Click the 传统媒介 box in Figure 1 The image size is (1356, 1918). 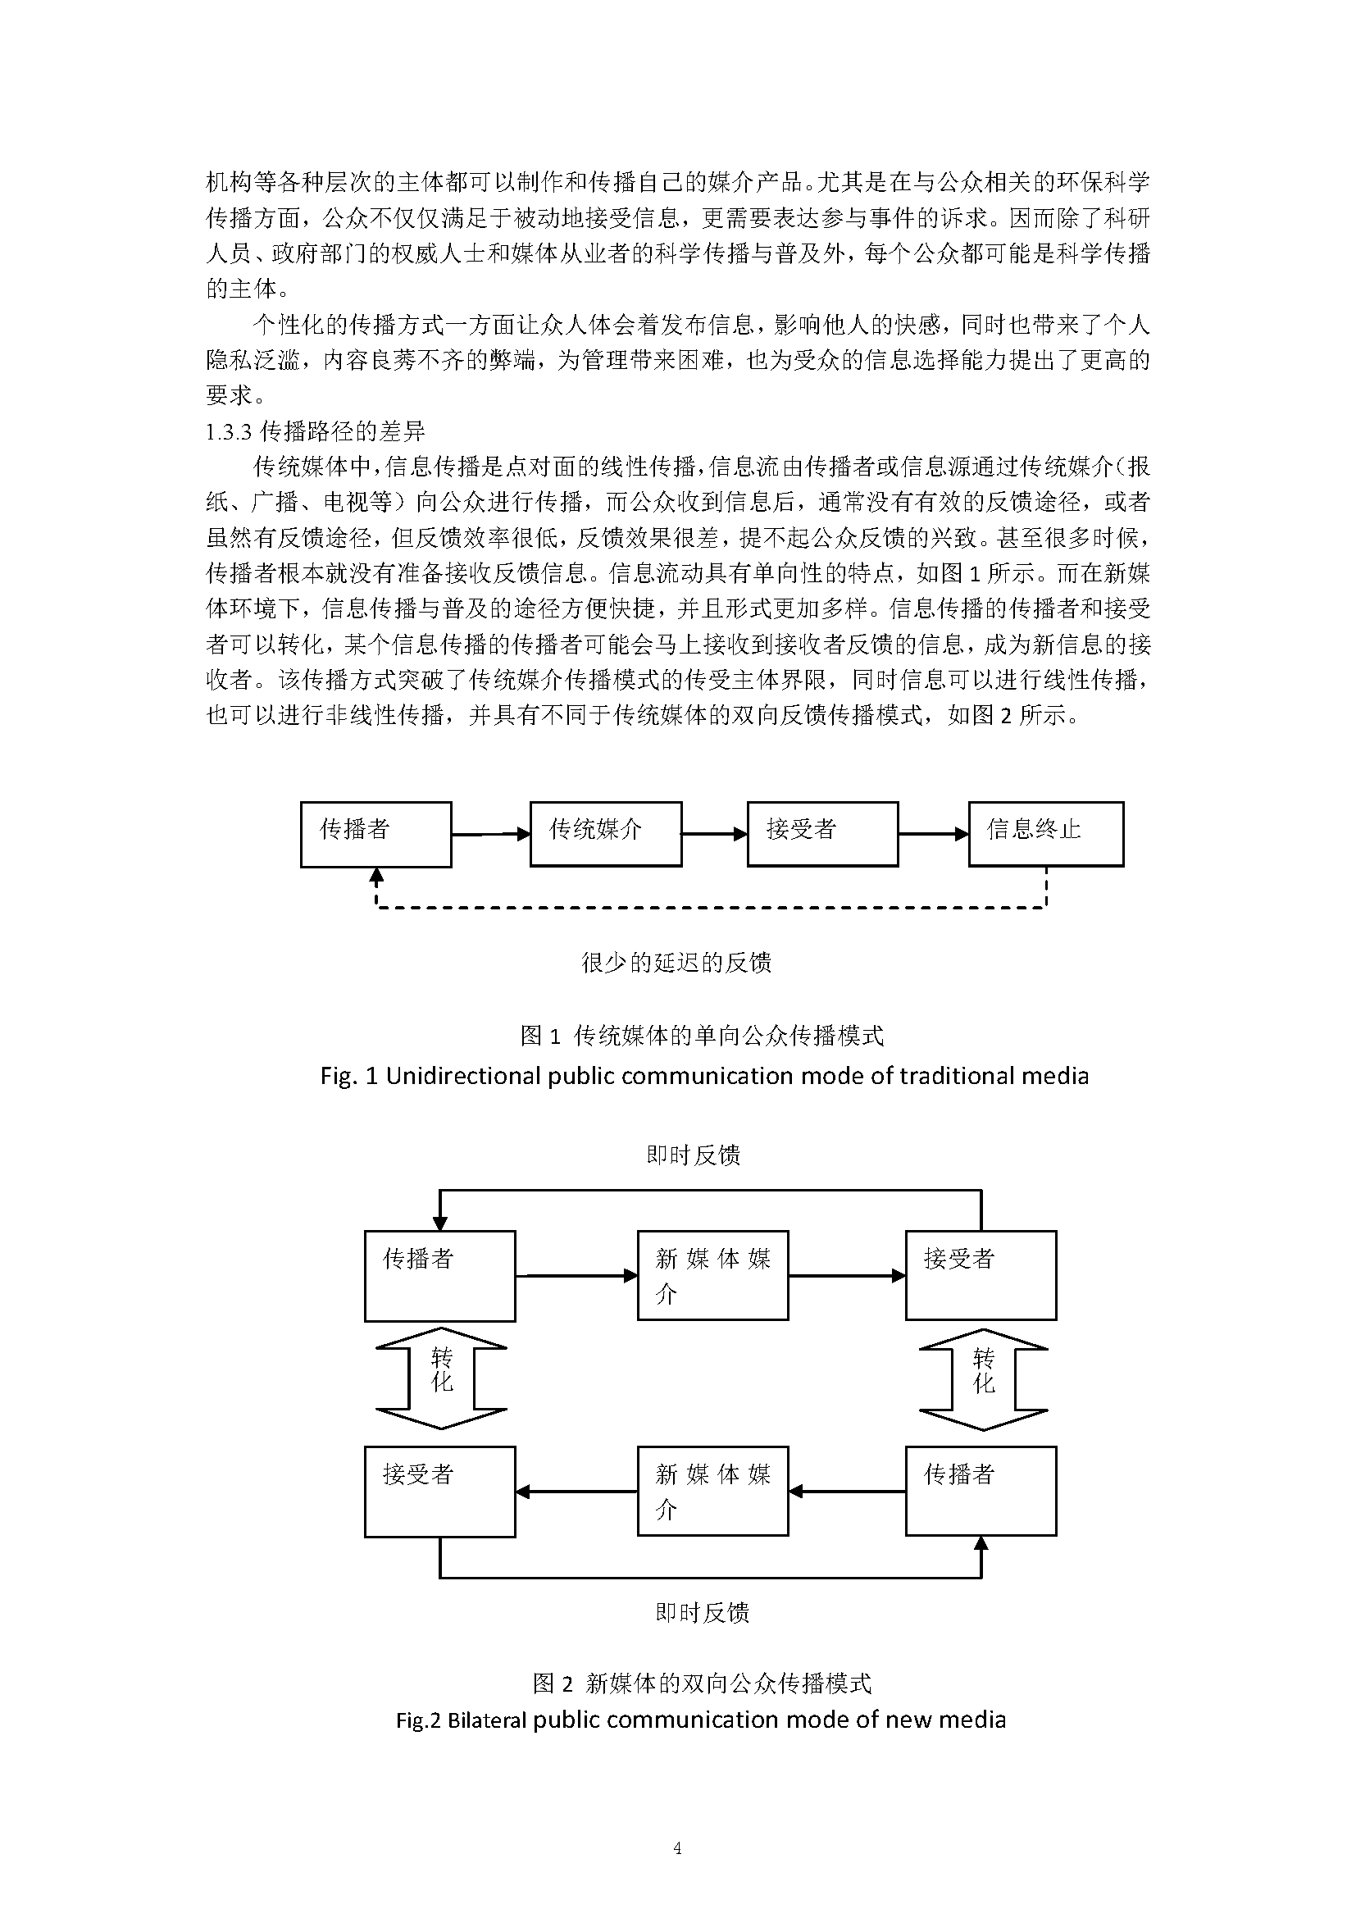605,834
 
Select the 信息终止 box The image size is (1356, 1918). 1045,834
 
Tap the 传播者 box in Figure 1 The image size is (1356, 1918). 375,834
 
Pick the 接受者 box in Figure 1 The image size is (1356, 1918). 822,834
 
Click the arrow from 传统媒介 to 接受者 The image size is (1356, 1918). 714,834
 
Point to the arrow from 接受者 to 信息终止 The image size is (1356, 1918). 933,834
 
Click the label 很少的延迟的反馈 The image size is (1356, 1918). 676,963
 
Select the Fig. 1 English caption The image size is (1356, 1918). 704,1075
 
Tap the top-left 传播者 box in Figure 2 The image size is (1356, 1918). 440,1276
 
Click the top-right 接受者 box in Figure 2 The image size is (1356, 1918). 981,1276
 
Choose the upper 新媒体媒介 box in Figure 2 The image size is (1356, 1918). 712,1276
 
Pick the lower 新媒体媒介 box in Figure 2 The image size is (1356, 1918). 712,1491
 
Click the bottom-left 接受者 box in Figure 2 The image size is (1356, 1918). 440,1491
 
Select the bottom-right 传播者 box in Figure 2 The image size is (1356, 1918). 981,1491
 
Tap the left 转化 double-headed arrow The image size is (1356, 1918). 441,1383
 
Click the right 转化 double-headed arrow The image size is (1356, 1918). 983,1383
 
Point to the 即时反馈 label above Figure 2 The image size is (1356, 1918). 693,1155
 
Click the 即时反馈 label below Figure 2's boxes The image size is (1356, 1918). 703,1612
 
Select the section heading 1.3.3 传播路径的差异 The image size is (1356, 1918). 316,431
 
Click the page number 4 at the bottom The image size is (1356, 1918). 677,1848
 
